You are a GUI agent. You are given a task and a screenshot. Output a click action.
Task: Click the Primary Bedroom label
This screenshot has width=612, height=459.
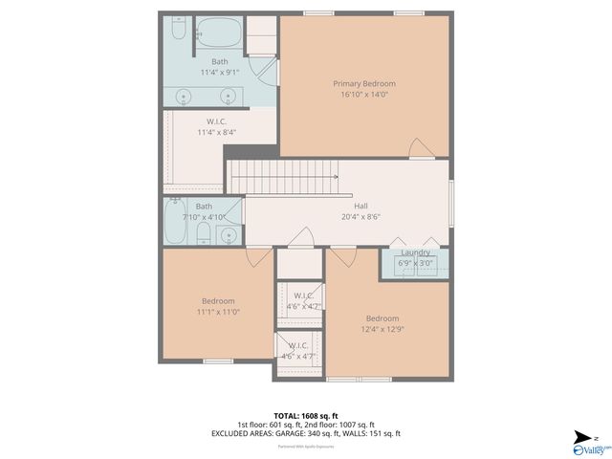[363, 84]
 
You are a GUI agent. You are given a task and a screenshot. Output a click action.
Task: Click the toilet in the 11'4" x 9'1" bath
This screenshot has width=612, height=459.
[178, 33]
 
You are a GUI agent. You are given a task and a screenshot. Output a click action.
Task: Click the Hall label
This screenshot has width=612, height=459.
[361, 206]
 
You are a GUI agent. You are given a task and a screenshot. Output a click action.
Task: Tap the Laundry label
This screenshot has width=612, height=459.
[414, 252]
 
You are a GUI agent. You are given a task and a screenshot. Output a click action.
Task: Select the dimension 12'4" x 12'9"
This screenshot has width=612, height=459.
[382, 330]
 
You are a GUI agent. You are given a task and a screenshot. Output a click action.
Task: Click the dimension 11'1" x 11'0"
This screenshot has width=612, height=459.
[219, 313]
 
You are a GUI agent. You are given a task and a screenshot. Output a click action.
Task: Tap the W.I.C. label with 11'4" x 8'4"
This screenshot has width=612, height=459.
[216, 121]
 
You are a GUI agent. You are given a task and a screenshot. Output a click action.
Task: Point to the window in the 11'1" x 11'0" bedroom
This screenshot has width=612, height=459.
[218, 361]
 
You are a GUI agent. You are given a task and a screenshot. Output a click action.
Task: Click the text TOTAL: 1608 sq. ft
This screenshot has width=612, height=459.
[306, 415]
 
